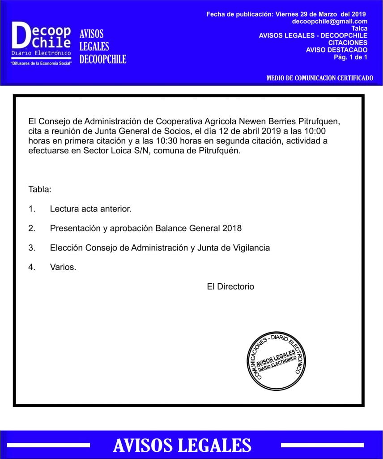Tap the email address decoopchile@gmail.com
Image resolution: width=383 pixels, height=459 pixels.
click(330, 21)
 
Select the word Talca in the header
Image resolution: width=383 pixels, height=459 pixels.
click(359, 28)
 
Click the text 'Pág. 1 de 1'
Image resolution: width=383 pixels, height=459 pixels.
click(350, 57)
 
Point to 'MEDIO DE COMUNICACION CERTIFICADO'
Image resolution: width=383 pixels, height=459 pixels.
click(319, 78)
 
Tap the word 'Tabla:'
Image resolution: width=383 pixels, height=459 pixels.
click(40, 189)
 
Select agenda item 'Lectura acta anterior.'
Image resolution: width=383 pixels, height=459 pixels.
click(91, 209)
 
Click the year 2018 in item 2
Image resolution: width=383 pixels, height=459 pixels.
click(232, 228)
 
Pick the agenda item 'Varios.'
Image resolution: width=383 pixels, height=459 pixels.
click(63, 267)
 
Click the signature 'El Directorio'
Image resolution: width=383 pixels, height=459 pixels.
click(230, 286)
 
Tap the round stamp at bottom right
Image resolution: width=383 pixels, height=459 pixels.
click(273, 358)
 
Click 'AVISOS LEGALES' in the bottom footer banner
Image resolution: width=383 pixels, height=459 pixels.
click(182, 445)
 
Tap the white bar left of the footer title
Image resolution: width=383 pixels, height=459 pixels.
click(48, 445)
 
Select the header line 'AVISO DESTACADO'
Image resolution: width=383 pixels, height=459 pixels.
click(336, 50)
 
